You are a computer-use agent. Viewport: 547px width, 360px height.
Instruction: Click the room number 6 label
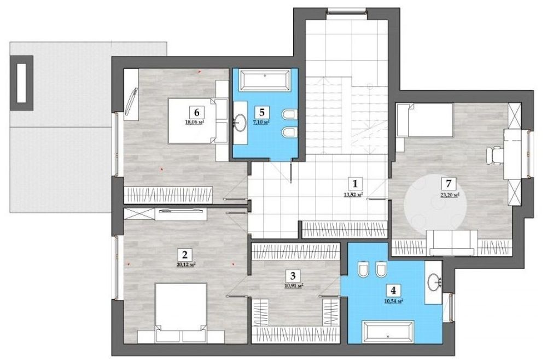click(196, 112)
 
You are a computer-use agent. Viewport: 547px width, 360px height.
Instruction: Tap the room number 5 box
click(262, 112)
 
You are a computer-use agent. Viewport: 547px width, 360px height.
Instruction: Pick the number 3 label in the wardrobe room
click(292, 276)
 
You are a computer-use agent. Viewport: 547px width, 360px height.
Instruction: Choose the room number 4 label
click(393, 290)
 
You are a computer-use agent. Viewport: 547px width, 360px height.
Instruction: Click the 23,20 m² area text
click(450, 195)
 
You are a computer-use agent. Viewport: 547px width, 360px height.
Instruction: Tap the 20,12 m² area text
click(185, 264)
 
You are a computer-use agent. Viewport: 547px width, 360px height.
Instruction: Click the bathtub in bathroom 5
click(265, 80)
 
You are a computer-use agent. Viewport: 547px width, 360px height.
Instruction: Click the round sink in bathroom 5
click(240, 123)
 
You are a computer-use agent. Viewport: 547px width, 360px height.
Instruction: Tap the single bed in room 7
click(424, 120)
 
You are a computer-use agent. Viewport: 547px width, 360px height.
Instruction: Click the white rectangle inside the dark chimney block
click(22, 83)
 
